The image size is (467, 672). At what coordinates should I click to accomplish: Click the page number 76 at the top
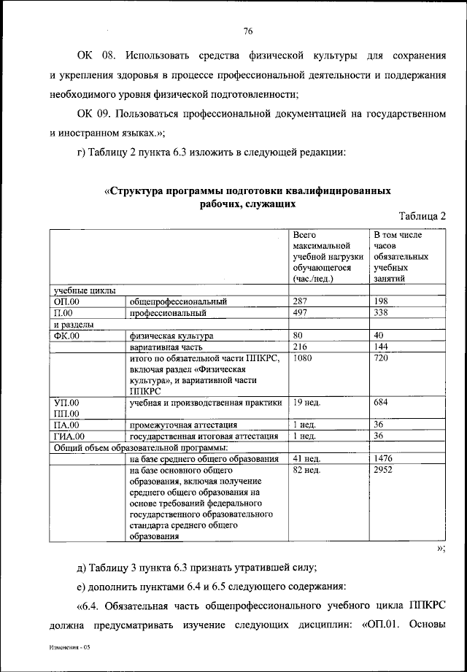[247, 31]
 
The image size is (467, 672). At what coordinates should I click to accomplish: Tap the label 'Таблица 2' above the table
[422, 216]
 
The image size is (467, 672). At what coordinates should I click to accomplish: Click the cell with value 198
[380, 301]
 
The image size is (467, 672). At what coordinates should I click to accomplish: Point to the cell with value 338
[380, 314]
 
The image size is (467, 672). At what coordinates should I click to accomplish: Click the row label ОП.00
[66, 301]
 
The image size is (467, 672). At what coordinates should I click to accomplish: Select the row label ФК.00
[66, 336]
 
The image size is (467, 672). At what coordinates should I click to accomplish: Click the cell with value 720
[380, 360]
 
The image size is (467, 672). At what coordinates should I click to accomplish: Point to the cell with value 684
[380, 402]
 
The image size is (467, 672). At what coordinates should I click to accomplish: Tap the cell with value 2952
[383, 471]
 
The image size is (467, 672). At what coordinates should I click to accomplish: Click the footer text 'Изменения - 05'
[66, 647]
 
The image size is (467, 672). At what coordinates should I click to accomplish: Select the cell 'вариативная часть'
[165, 348]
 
